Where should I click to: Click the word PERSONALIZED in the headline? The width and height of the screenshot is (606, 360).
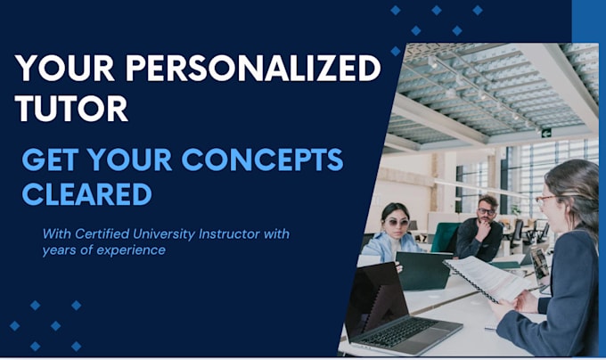(253, 69)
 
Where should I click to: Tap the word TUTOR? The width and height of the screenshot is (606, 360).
(71, 109)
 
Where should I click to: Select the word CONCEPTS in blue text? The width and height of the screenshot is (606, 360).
(262, 160)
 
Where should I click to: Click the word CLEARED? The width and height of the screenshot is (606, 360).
(87, 194)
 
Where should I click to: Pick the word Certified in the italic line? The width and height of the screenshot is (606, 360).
(102, 233)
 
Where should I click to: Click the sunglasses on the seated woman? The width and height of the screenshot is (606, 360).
(397, 223)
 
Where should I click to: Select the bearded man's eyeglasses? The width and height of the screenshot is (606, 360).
(487, 211)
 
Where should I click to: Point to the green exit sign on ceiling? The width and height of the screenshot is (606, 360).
(546, 133)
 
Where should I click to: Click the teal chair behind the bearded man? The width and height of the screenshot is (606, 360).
(446, 237)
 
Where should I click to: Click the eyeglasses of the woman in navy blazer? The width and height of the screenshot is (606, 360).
(545, 200)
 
